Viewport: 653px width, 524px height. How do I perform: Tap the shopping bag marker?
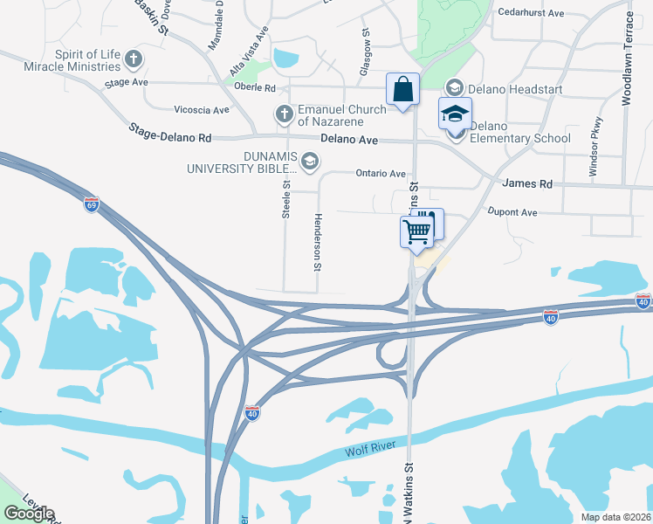tap(402, 89)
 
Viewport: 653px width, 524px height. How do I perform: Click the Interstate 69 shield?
tap(92, 204)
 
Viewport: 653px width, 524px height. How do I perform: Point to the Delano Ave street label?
tap(348, 140)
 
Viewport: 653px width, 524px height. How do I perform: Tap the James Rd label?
tap(527, 184)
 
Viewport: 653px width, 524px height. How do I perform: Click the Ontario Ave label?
tap(381, 174)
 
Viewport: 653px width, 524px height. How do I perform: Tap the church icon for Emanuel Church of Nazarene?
tap(283, 114)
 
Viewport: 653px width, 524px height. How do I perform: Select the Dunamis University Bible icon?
tap(309, 161)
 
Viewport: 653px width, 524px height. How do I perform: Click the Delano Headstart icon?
tap(454, 87)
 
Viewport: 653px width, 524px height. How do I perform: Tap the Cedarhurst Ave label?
tap(531, 12)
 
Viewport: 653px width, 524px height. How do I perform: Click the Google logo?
tap(30, 514)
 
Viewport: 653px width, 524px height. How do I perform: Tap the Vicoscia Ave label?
tap(202, 110)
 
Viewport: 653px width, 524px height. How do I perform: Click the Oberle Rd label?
tap(256, 88)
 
